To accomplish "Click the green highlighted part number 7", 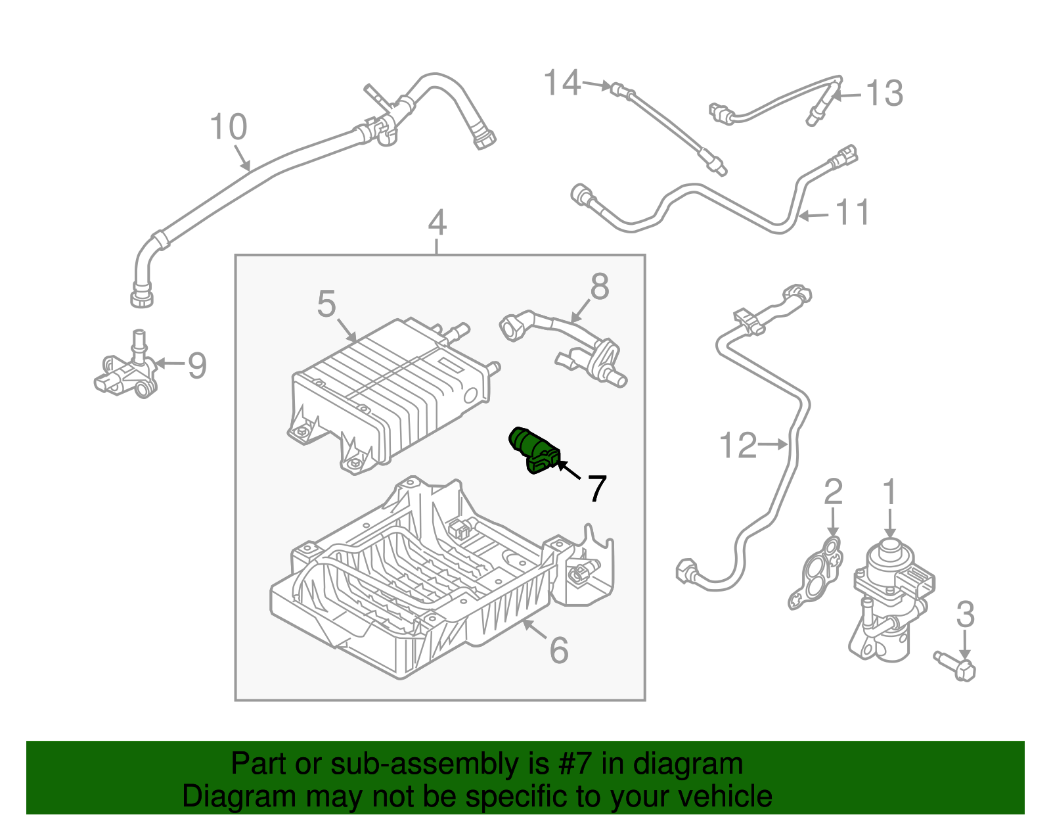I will (x=534, y=448).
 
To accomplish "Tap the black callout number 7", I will (x=596, y=489).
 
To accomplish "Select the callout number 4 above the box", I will (x=437, y=223).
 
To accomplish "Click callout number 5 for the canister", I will (x=326, y=304).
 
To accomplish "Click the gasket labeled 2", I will (x=817, y=574).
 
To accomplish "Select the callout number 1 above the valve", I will (x=889, y=493).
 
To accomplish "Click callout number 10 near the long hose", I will (x=228, y=127).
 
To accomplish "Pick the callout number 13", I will (x=885, y=93).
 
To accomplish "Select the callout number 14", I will (x=562, y=83).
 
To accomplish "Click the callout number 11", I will (x=853, y=213).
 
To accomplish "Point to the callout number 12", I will (x=738, y=446).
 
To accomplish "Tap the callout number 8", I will (x=600, y=287).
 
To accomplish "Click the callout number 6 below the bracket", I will (x=559, y=651).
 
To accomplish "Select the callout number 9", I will (x=197, y=365).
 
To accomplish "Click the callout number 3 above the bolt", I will (x=965, y=615).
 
